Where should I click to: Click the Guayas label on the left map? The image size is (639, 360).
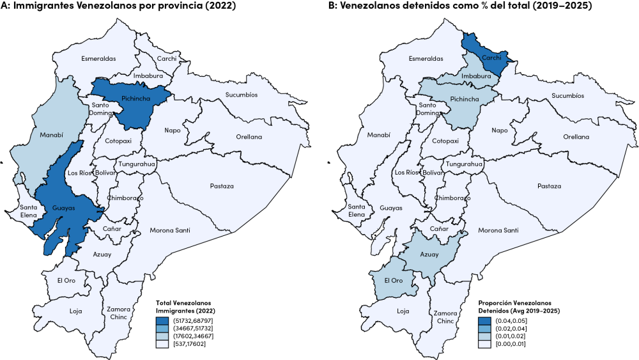(x=64, y=208)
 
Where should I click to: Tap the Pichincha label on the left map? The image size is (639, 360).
(x=135, y=99)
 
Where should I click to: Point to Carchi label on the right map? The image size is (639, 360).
(x=491, y=58)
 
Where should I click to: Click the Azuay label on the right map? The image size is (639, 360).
(x=429, y=254)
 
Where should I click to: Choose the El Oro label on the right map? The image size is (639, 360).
(x=393, y=281)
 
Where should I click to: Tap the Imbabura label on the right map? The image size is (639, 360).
(x=477, y=76)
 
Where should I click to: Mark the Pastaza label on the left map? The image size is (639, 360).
(x=222, y=186)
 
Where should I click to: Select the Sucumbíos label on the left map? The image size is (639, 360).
(x=241, y=95)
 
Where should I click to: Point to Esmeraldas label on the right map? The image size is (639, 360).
(x=426, y=59)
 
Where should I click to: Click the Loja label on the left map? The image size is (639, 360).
(x=76, y=311)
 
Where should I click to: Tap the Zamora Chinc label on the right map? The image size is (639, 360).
(x=445, y=317)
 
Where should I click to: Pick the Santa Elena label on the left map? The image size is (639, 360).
(x=28, y=211)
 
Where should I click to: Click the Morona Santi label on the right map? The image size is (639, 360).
(x=498, y=230)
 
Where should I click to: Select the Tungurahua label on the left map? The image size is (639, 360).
(x=137, y=164)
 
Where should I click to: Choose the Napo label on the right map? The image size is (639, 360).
(x=500, y=130)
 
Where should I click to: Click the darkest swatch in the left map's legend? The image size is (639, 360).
(x=162, y=321)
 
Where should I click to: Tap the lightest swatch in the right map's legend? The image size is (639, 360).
(x=485, y=344)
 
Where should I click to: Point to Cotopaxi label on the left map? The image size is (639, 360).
(x=118, y=141)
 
